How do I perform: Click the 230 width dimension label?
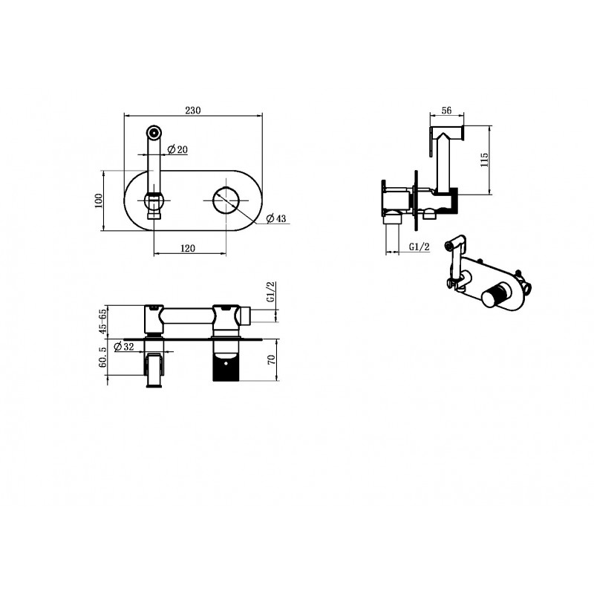pos(193,110)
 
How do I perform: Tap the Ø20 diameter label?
pos(177,150)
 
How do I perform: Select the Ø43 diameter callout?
pos(276,218)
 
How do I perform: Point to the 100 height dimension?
pos(99,200)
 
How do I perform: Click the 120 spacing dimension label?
pos(188,248)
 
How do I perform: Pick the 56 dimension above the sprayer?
pos(447,110)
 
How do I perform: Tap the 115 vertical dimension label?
pos(484,160)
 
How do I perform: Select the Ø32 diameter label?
pos(124,346)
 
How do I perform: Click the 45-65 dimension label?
pos(102,322)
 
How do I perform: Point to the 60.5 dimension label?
pos(102,357)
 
